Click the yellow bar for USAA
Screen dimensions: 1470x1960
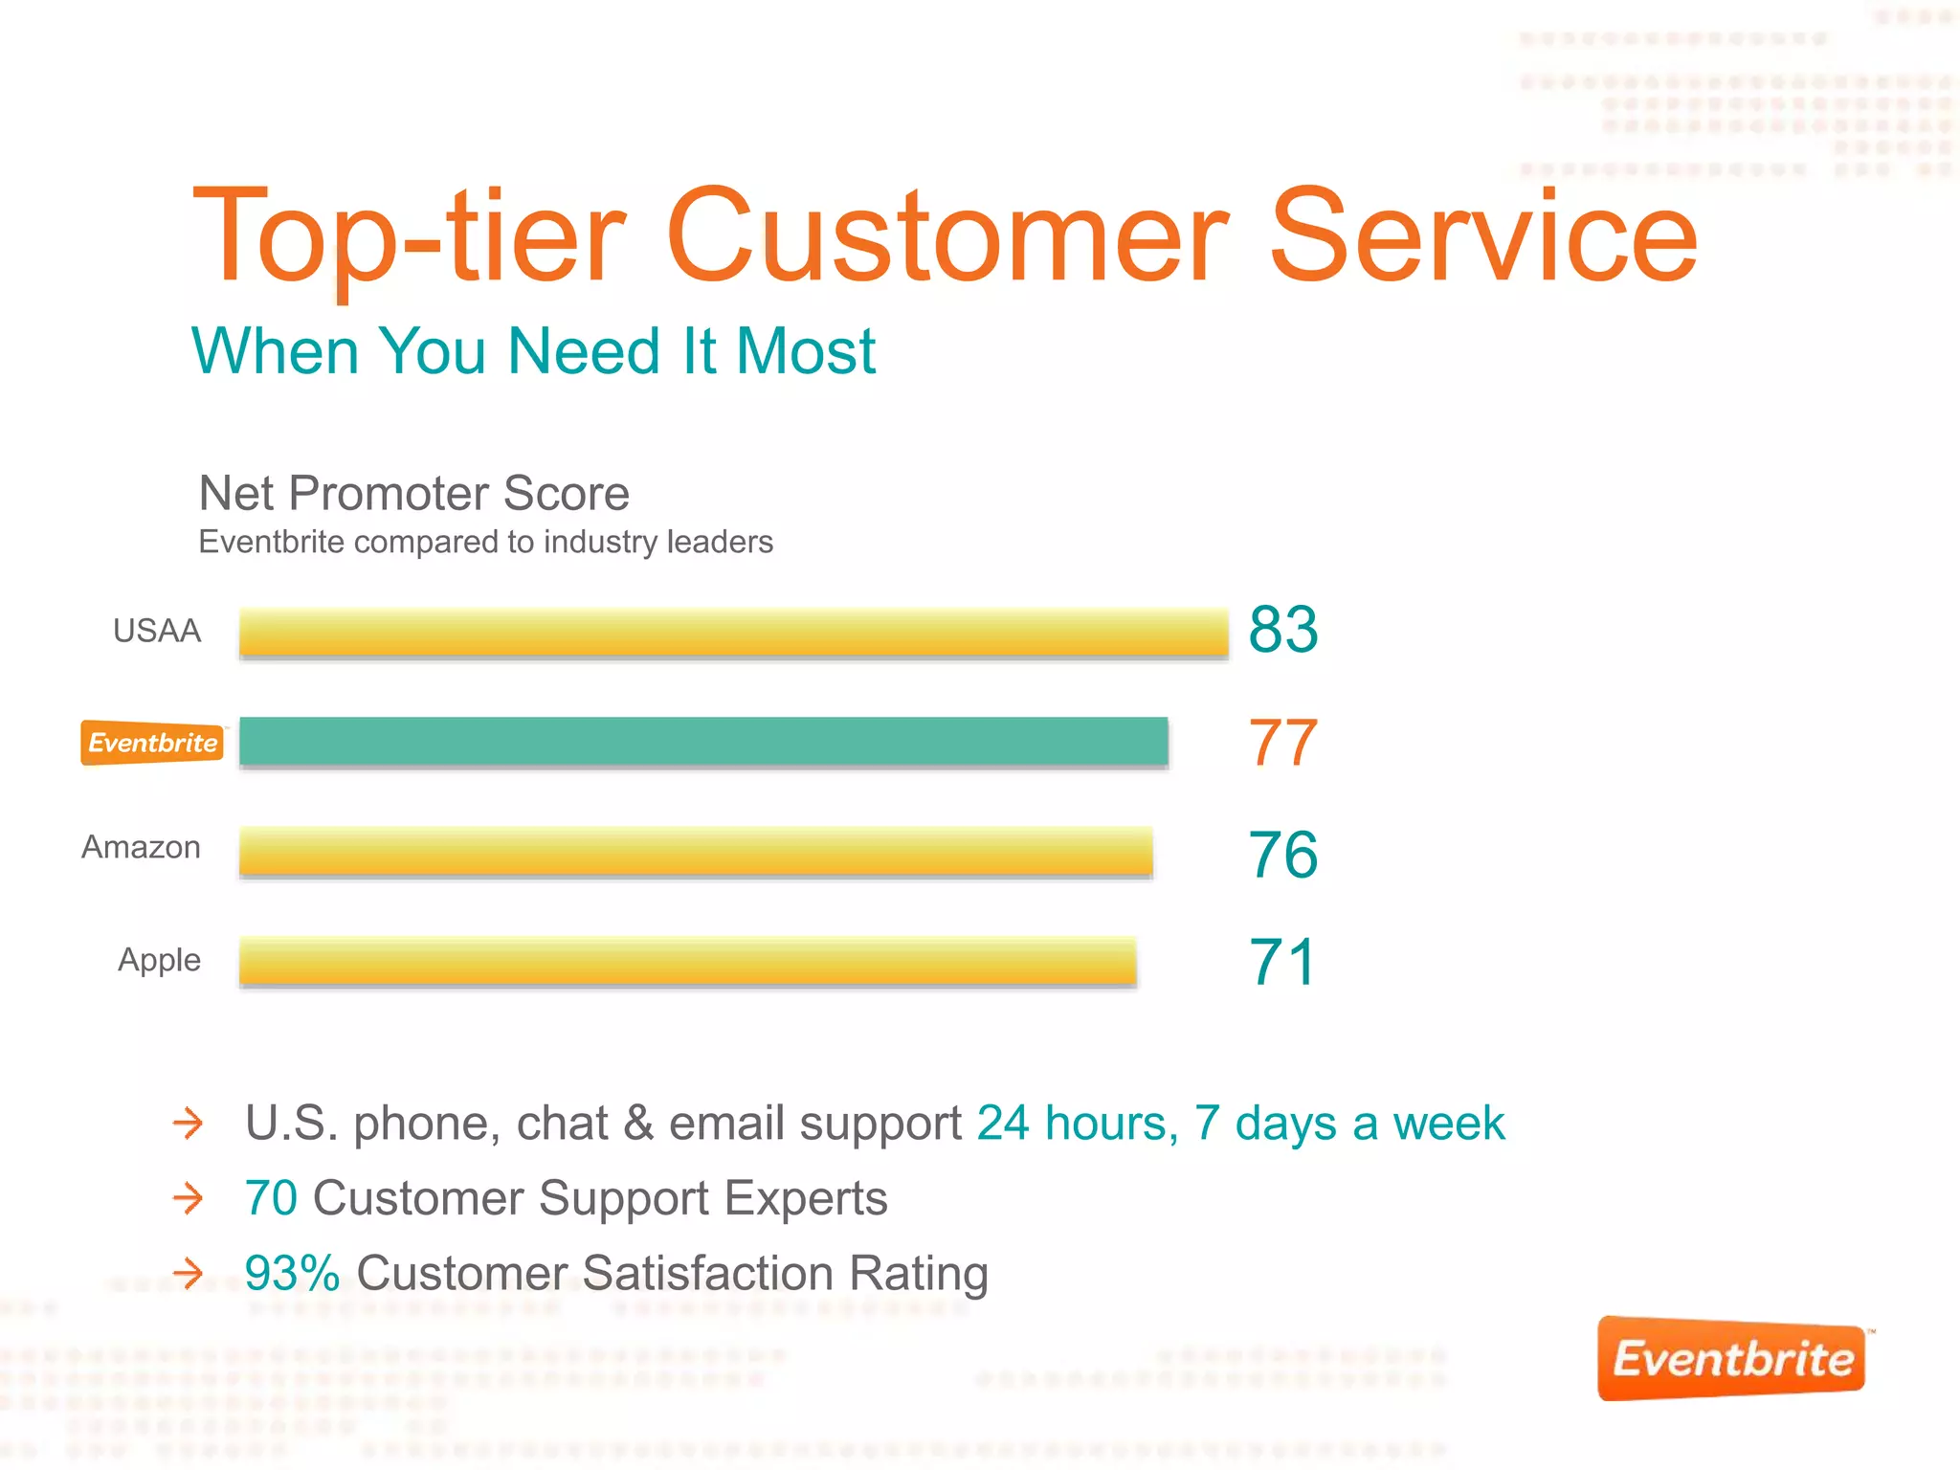pos(733,632)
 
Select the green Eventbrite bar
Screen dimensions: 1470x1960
pos(703,742)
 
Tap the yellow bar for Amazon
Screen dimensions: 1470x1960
pos(696,851)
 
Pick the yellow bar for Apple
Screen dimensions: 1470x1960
pos(687,961)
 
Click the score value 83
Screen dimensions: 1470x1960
pos(1283,631)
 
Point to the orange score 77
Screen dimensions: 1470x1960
pos(1283,743)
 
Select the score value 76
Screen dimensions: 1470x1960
pos(1283,855)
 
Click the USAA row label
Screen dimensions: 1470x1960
pos(157,632)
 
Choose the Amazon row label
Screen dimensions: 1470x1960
pos(142,848)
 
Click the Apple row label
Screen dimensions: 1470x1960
pos(159,960)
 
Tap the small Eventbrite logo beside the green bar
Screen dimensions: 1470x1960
pos(153,743)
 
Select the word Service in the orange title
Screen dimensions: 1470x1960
pos(1482,236)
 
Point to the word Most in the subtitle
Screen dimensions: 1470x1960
pos(806,351)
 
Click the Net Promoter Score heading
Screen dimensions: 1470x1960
pos(413,494)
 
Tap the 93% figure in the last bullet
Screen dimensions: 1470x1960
pos(292,1274)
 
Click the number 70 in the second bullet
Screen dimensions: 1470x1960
pos(271,1198)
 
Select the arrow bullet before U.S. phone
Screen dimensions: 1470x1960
pos(189,1124)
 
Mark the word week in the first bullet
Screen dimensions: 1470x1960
pos(1449,1124)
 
